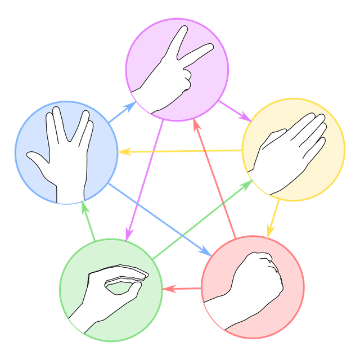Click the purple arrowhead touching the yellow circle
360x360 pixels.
click(x=246, y=118)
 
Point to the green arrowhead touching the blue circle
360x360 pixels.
click(x=84, y=206)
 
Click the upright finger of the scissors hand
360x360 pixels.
click(x=178, y=42)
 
